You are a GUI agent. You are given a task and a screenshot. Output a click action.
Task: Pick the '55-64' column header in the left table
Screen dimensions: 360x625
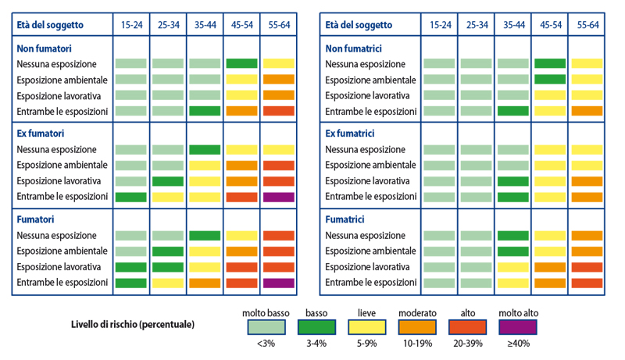(x=278, y=25)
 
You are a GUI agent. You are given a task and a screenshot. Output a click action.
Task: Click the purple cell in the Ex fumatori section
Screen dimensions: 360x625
(x=278, y=197)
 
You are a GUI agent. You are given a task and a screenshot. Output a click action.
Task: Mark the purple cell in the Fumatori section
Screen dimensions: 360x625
(x=278, y=283)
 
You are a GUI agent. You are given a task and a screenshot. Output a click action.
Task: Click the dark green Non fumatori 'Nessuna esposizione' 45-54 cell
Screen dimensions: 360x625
(x=241, y=63)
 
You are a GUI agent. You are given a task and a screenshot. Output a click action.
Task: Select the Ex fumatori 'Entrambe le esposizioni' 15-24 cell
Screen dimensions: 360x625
(x=130, y=197)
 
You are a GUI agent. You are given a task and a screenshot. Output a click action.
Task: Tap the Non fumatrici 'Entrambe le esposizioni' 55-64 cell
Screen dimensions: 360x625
(x=587, y=111)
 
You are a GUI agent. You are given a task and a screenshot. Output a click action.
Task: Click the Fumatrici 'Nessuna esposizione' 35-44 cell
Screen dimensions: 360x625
(x=513, y=235)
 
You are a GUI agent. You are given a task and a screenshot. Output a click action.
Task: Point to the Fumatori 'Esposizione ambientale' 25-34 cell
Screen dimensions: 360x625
(x=167, y=251)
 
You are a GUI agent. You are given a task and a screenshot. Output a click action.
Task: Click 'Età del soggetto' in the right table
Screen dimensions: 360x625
(x=362, y=25)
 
